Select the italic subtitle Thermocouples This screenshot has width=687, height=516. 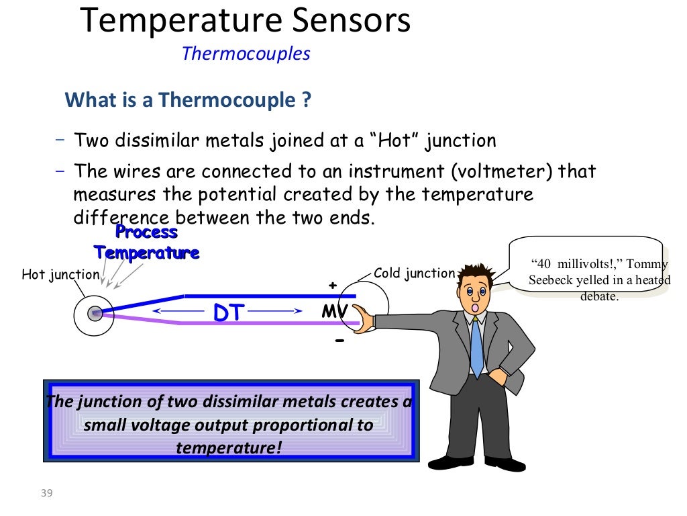click(246, 54)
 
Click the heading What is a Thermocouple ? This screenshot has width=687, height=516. click(188, 100)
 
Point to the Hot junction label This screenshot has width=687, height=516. click(60, 275)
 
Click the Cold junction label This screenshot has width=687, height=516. click(414, 273)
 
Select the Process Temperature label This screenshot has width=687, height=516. click(146, 243)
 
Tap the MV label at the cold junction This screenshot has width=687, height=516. click(333, 312)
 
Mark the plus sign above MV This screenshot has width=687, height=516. click(331, 286)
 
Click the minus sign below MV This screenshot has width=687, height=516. click(339, 341)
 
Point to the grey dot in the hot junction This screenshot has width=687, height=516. click(95, 313)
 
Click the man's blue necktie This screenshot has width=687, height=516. click(476, 346)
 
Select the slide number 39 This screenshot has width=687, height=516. click(46, 494)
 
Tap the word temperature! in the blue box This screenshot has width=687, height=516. click(229, 447)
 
